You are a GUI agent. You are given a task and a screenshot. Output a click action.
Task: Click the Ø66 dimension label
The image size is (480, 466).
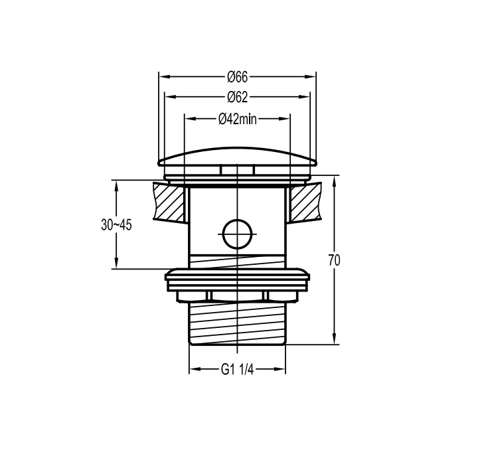237,77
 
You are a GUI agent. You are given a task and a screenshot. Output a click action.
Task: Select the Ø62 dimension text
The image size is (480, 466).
237,97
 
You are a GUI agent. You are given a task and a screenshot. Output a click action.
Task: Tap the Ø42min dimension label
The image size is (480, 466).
238,119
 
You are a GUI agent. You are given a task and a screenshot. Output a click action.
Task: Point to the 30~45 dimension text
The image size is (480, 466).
116,225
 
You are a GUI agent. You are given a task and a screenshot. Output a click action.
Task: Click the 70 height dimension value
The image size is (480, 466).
335,260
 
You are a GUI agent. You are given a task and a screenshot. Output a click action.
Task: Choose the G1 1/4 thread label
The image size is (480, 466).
237,370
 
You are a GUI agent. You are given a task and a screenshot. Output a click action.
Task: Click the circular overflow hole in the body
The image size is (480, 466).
238,234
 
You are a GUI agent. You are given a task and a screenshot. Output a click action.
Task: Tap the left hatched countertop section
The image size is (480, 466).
170,202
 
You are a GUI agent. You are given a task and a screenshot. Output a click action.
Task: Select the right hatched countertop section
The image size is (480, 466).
305,202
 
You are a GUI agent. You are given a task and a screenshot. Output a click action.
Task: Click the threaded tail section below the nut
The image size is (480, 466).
237,323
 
